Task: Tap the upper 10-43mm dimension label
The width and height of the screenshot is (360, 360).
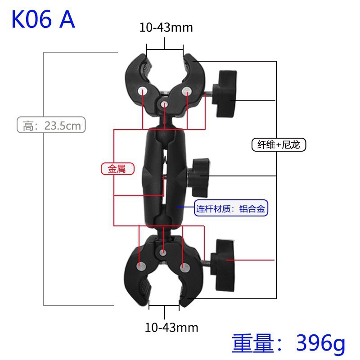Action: coord(166,27)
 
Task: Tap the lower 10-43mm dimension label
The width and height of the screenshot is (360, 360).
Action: coord(171,327)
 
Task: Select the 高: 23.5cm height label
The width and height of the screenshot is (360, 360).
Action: coord(51,125)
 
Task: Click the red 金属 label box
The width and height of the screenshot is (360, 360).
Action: coord(117,169)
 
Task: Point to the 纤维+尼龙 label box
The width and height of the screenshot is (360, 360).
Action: coord(279,144)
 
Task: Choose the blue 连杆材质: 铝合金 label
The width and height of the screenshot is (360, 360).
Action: coord(231,209)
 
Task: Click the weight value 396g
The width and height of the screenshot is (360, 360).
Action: coord(320,344)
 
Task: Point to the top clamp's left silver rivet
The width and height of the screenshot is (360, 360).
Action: coord(143,90)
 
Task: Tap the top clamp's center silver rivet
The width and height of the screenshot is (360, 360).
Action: coord(164,104)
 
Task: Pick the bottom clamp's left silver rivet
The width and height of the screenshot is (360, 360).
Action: coord(141,266)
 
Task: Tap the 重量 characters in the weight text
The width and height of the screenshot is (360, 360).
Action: coord(253,344)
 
